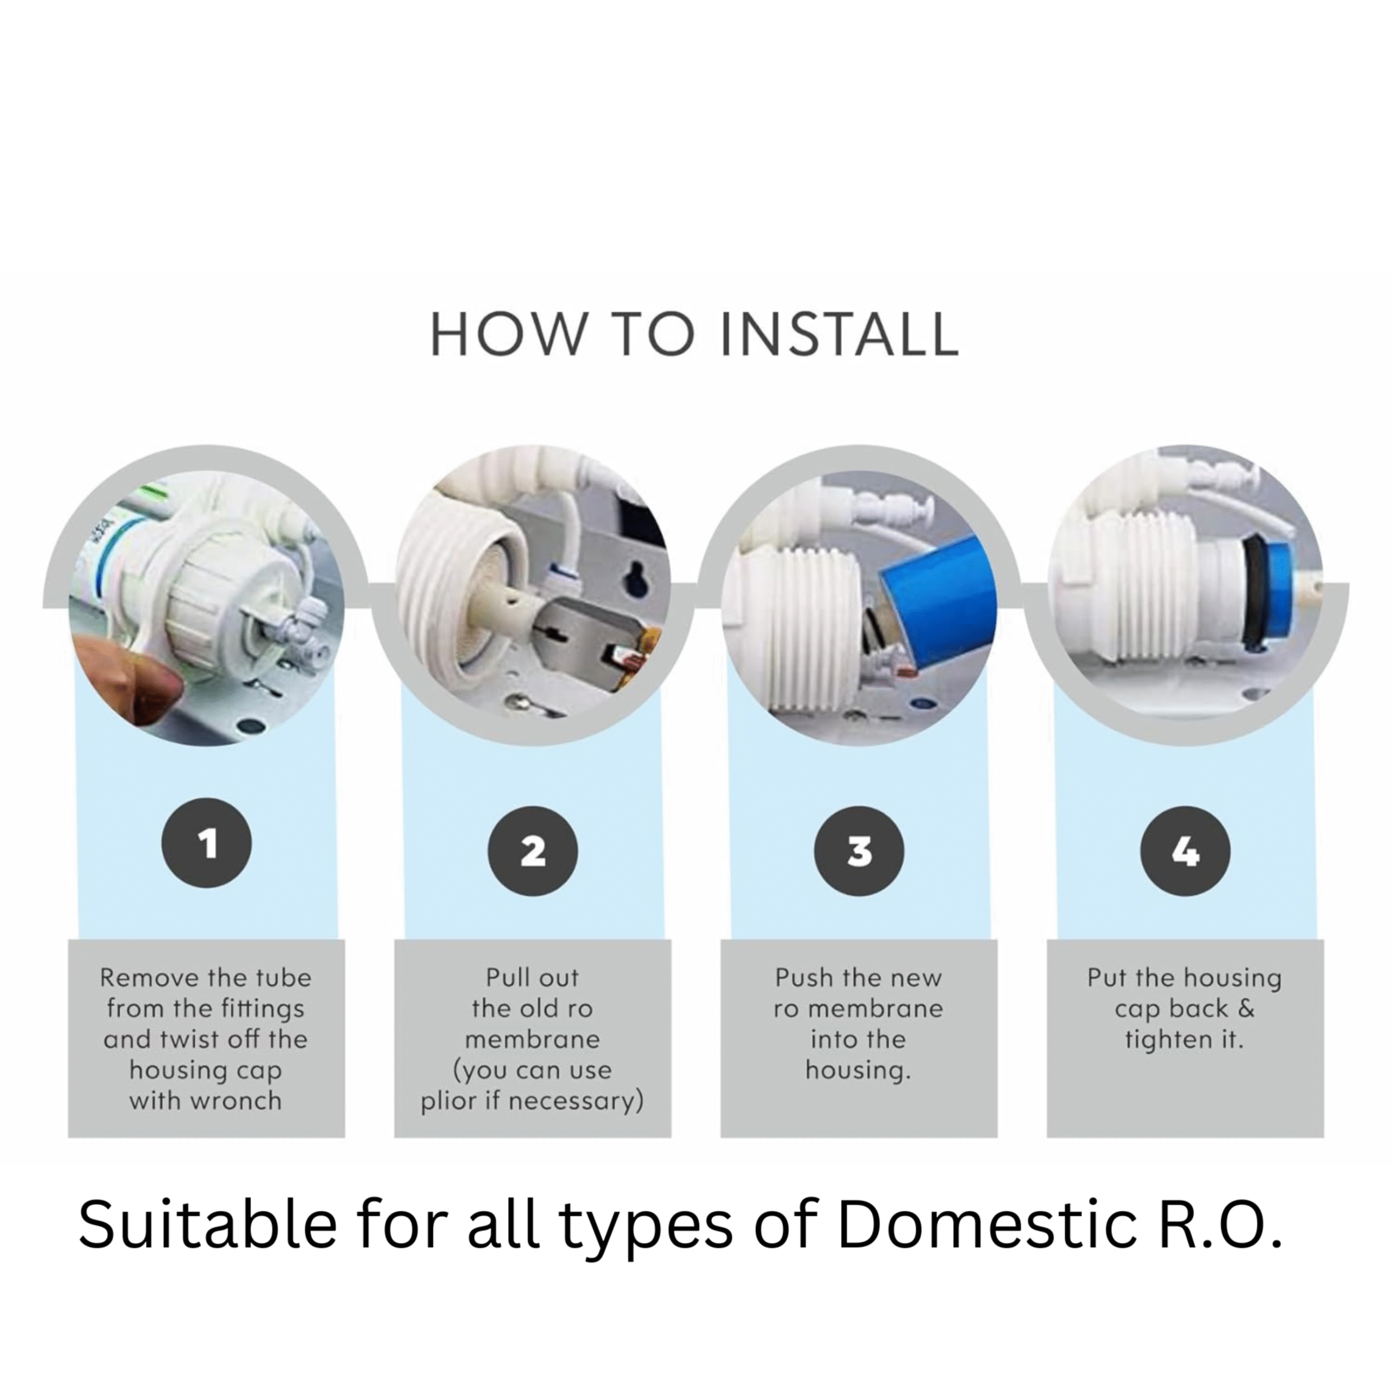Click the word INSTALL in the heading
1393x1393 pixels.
(x=840, y=335)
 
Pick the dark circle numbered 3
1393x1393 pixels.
(x=859, y=852)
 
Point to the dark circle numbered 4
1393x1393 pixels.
(x=1185, y=852)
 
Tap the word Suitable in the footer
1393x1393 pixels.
(x=208, y=1226)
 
